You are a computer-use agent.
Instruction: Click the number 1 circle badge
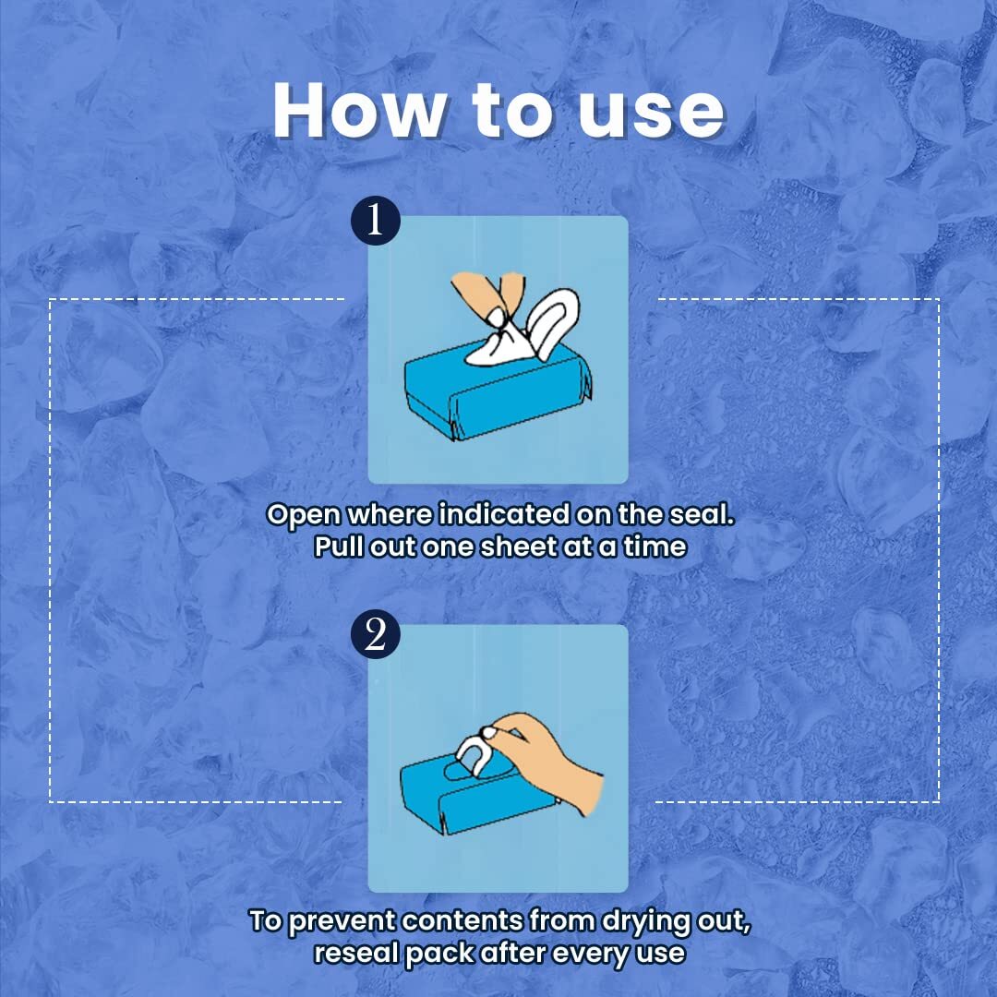pos(375,220)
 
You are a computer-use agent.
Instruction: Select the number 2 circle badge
pos(375,634)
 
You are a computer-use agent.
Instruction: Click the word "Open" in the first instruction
pos(304,515)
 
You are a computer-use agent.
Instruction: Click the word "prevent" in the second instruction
pos(342,921)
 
